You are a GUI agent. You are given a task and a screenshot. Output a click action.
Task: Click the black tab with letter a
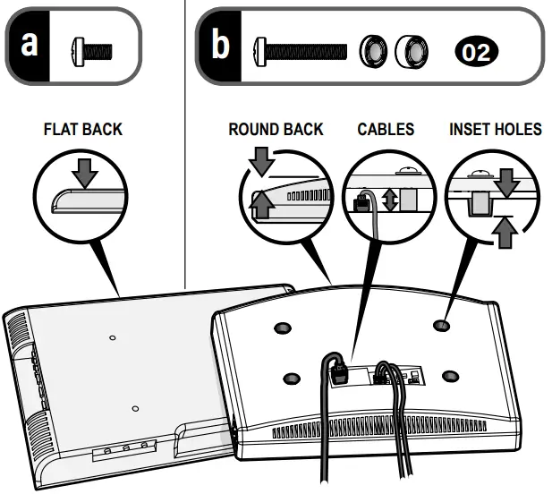tap(30, 44)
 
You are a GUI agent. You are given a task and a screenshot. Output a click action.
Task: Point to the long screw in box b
tap(300, 50)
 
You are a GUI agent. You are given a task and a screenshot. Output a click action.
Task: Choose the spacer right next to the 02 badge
tap(412, 50)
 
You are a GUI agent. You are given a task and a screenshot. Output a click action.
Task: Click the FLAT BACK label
tap(82, 130)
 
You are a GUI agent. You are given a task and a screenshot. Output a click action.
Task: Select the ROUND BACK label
tap(276, 130)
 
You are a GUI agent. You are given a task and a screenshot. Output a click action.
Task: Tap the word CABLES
tap(386, 130)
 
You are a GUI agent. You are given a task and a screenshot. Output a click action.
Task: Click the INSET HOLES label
tap(495, 130)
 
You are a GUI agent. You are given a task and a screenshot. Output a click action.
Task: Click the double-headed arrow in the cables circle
tap(389, 200)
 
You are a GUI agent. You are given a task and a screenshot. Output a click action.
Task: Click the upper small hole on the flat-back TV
tap(112, 337)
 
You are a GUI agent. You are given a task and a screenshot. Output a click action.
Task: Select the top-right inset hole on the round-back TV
tap(441, 326)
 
